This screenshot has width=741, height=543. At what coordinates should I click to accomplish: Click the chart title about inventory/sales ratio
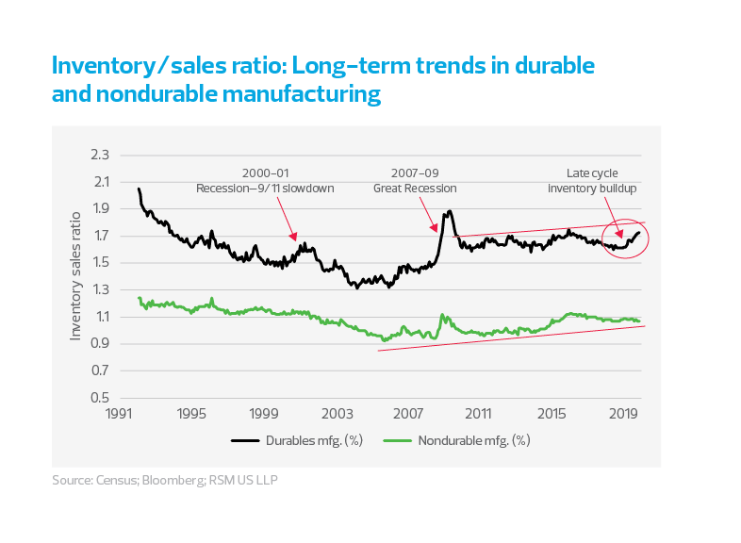323,80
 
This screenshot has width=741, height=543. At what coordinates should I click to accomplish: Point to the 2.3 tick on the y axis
100,155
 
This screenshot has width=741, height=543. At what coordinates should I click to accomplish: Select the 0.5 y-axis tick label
100,398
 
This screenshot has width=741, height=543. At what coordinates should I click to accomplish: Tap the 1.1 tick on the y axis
100,317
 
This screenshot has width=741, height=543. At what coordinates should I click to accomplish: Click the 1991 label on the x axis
119,414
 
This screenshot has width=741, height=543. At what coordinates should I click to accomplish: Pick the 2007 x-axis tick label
406,414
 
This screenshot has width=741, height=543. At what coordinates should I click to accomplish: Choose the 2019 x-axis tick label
622,414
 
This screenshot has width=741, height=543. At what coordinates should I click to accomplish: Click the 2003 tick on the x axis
335,414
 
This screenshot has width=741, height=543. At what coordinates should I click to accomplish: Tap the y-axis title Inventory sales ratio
74,277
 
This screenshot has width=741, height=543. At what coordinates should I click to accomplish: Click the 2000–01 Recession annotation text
267,180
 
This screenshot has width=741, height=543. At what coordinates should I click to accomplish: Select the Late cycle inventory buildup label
592,180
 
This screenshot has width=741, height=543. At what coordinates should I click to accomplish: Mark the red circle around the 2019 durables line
627,241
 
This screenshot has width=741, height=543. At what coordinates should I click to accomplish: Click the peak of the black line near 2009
450,211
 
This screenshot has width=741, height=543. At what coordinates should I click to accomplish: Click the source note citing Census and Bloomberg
165,480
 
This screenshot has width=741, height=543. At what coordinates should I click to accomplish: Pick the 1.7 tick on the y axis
100,236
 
